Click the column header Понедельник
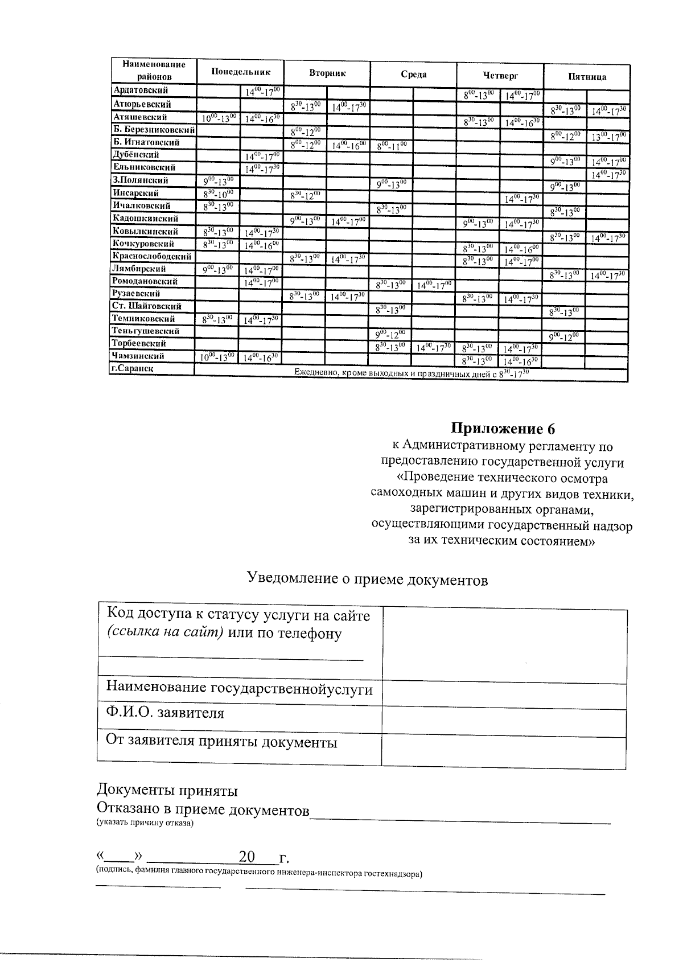(240, 72)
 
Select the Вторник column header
(327, 73)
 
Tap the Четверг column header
(500, 75)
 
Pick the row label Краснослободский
(152, 256)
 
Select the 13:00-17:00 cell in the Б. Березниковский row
(608, 136)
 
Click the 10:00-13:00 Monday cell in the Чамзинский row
(217, 357)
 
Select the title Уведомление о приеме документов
(367, 579)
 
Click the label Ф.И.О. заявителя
(164, 713)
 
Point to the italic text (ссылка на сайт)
(165, 634)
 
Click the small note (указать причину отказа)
(145, 823)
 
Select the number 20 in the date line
(247, 857)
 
